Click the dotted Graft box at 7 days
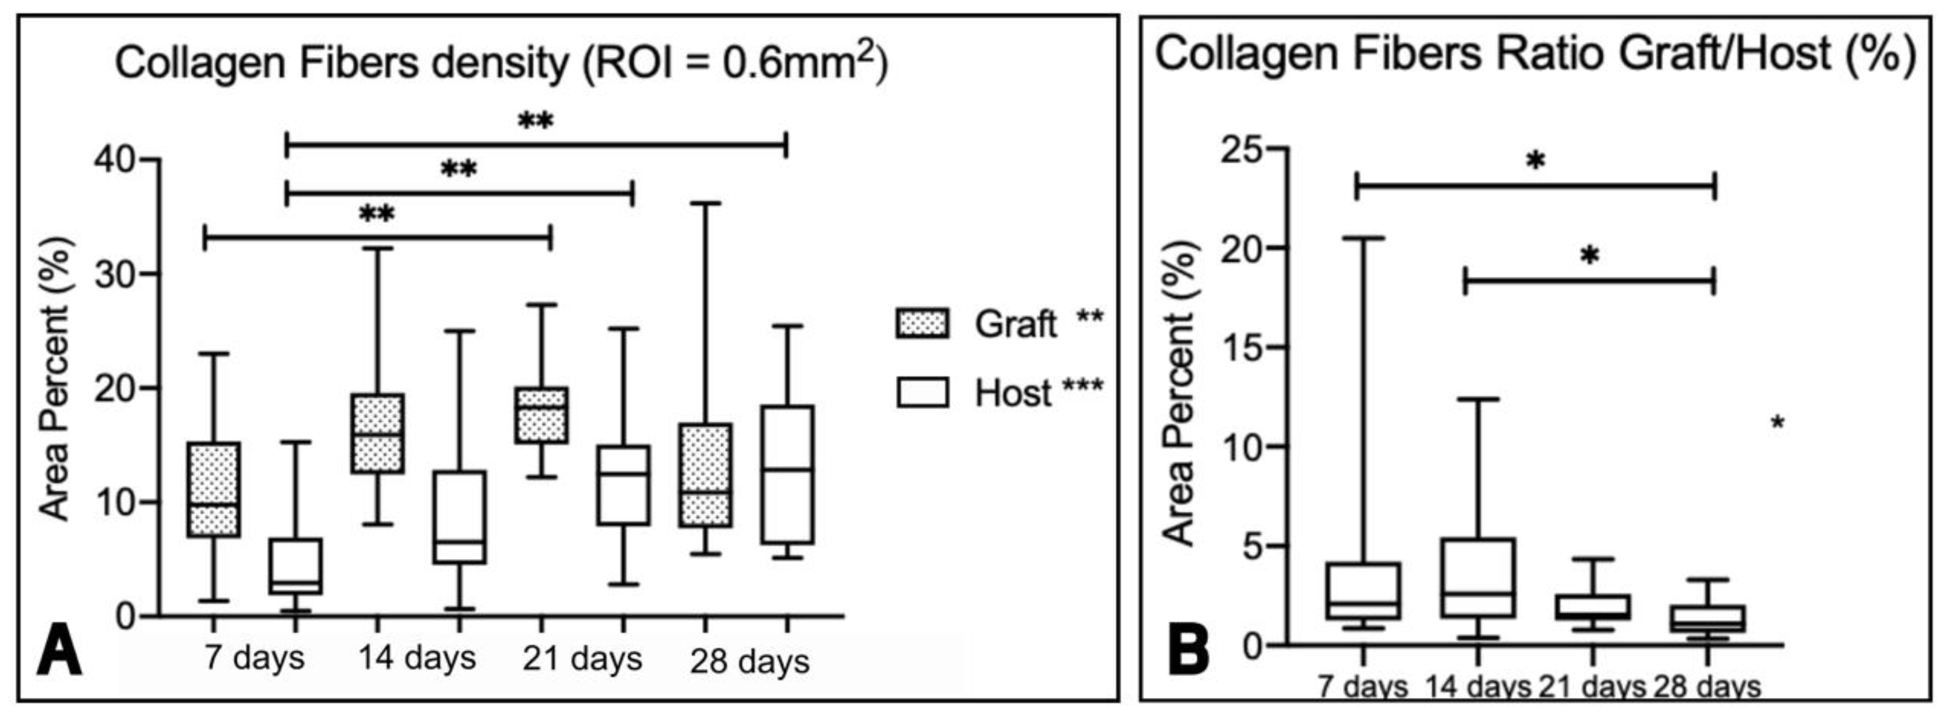[214, 489]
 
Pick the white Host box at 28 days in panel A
[787, 474]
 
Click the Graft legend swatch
[922, 323]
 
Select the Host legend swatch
[922, 393]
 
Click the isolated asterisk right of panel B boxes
[1777, 424]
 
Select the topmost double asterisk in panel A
[535, 121]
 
